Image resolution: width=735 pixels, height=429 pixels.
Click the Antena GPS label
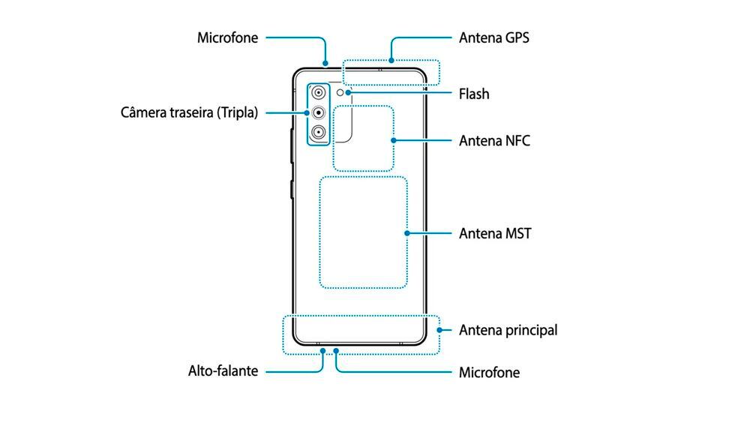494,37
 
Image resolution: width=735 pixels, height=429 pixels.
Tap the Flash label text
474,94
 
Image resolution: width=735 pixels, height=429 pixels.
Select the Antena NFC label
494,141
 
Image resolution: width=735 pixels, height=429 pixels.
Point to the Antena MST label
495,233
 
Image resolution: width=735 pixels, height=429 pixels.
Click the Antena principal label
508,330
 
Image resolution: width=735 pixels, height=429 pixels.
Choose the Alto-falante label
223,370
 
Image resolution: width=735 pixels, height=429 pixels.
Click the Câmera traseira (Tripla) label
189,112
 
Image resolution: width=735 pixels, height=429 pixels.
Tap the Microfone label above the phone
227,37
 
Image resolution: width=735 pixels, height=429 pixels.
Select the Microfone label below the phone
489,372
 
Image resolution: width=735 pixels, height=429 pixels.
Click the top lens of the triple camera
319,93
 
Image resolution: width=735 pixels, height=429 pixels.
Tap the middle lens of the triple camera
319,112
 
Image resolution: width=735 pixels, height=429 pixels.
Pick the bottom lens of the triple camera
319,133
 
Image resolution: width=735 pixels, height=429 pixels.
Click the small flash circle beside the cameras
340,93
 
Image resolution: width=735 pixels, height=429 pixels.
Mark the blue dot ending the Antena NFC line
393,140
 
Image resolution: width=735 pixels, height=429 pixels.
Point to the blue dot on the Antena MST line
406,233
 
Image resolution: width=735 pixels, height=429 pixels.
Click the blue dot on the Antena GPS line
391,61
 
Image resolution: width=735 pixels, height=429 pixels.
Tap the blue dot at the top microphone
325,62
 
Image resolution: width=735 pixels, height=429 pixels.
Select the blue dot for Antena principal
439,330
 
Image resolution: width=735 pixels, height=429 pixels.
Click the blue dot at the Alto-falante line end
323,350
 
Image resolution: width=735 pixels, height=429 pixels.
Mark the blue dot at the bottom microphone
336,350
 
